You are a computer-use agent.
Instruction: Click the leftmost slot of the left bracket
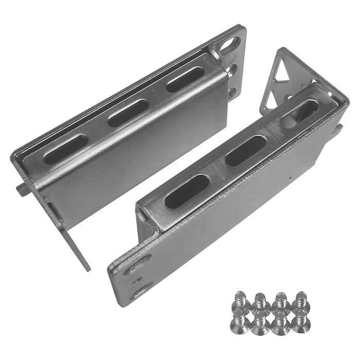tap(65, 150)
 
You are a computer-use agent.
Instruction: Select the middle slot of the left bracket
tap(128, 113)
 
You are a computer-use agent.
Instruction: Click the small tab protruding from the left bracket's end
tap(22, 189)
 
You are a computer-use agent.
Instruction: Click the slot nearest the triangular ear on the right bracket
tap(300, 115)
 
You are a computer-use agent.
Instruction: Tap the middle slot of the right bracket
tap(245, 151)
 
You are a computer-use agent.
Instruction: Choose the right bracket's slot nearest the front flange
tap(187, 191)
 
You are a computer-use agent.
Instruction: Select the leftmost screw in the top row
tap(240, 299)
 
